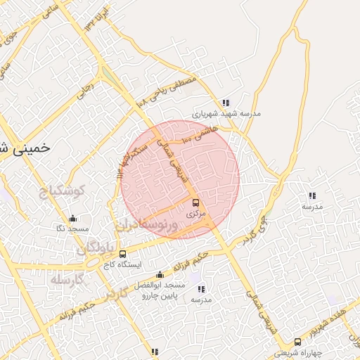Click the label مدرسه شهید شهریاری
[226, 113]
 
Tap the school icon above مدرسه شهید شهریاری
[225, 103]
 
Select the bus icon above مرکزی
[195, 202]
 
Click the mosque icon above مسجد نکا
[73, 219]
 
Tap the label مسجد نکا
[73, 229]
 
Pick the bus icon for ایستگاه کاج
[123, 254]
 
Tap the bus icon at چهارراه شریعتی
[297, 342]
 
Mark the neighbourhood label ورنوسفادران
[151, 224]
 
